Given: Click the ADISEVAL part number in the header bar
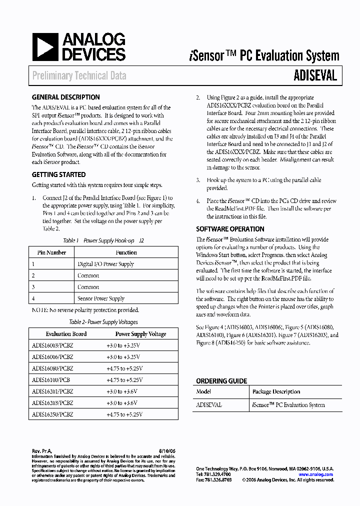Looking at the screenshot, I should (x=315, y=75).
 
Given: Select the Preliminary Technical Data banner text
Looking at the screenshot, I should (x=79, y=76).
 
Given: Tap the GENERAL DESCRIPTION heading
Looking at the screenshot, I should (x=65, y=97).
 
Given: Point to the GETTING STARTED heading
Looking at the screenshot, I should (x=58, y=175).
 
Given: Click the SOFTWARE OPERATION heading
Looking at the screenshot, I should (x=230, y=229).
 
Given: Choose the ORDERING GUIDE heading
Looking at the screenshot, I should (x=221, y=381).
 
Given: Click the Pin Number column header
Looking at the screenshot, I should (x=51, y=252).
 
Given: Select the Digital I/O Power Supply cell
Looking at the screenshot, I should (x=105, y=264).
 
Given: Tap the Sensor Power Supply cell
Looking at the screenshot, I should (x=101, y=298).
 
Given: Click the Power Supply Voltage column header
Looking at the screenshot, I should (x=140, y=334).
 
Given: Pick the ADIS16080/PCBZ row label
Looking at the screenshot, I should (x=52, y=368).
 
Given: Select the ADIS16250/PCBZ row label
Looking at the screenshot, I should (x=52, y=414).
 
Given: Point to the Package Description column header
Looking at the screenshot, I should (x=276, y=392).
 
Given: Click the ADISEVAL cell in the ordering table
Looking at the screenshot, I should (x=209, y=405).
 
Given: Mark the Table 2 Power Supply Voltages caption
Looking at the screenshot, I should (x=103, y=322).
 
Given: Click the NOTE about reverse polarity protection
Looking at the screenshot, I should (x=85, y=310).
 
